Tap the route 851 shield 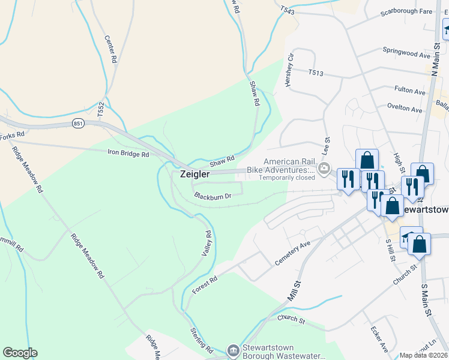tap(78, 123)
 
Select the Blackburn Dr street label tap(212, 196)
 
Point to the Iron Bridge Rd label tap(128, 154)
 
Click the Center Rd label tap(109, 49)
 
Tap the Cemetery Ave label tap(292, 253)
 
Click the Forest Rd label tap(203, 281)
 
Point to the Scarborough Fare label tap(406, 11)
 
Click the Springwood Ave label tap(406, 54)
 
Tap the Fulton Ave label tap(410, 90)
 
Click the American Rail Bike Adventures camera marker tap(325, 169)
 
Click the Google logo tap(20, 353)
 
